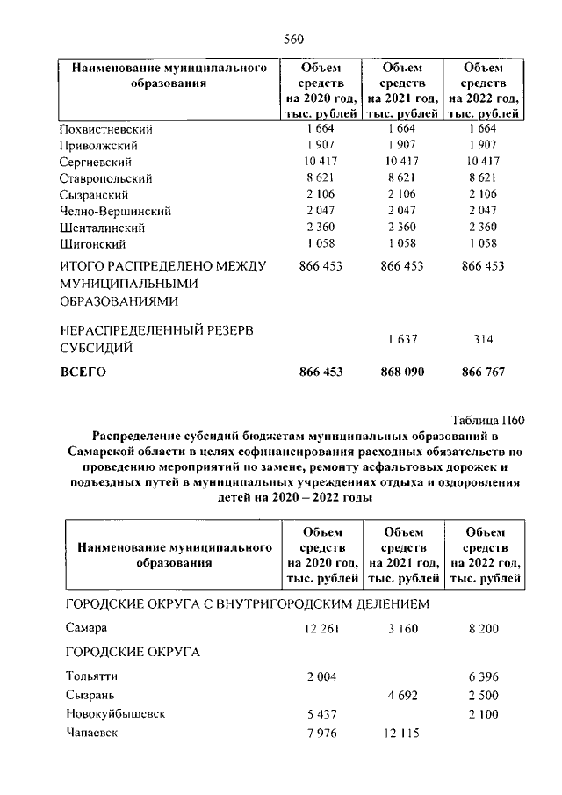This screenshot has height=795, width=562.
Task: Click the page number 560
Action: [x=293, y=38]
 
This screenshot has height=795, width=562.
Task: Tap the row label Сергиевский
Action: [x=96, y=162]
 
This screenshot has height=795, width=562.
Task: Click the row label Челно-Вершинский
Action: [x=115, y=211]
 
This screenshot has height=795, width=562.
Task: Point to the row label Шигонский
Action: [x=92, y=243]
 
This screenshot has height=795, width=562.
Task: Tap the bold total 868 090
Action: [x=401, y=372]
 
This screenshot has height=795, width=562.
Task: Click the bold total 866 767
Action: [x=483, y=372]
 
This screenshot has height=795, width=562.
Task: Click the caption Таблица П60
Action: [x=486, y=420]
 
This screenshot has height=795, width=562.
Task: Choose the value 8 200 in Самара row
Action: [x=483, y=629]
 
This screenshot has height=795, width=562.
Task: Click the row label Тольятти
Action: [x=91, y=676]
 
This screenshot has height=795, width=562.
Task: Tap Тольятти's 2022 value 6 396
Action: [x=483, y=676]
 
